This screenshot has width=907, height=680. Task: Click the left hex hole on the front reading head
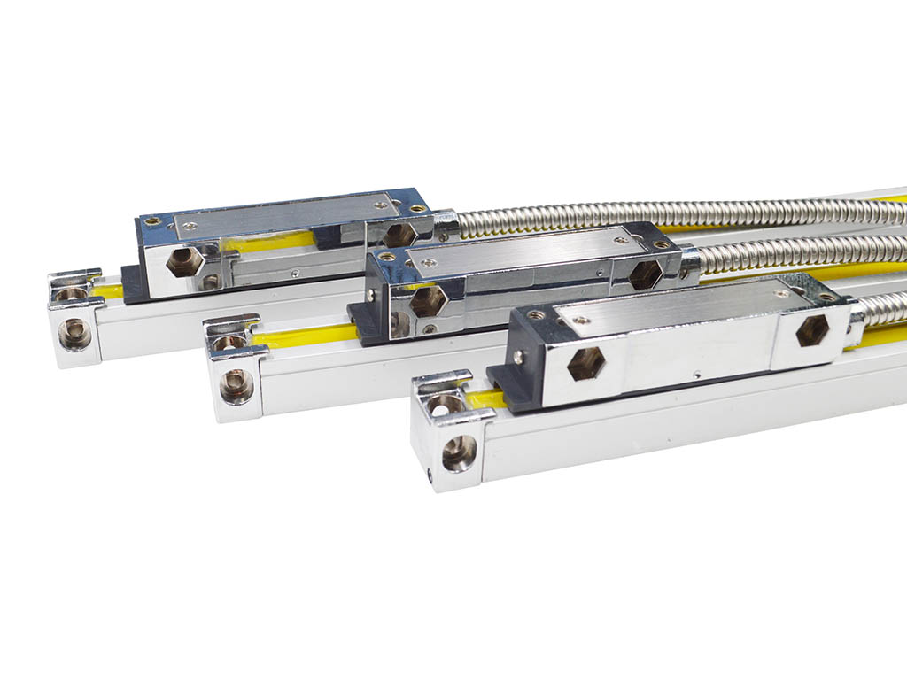(x=585, y=363)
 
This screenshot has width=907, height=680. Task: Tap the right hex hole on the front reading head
(x=812, y=331)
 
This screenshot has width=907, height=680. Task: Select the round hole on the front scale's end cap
(x=459, y=452)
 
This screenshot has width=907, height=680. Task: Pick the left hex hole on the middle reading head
(x=428, y=301)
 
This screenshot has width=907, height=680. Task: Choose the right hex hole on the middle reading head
(x=645, y=274)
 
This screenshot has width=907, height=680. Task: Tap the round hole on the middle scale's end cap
(x=236, y=385)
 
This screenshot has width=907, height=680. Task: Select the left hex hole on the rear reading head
(x=185, y=262)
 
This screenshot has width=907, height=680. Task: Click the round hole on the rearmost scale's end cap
(x=74, y=334)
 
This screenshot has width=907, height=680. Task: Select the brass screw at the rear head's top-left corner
(x=153, y=221)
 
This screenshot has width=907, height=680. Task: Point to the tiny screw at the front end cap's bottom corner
(x=430, y=479)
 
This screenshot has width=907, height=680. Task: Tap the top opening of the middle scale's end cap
(x=230, y=341)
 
